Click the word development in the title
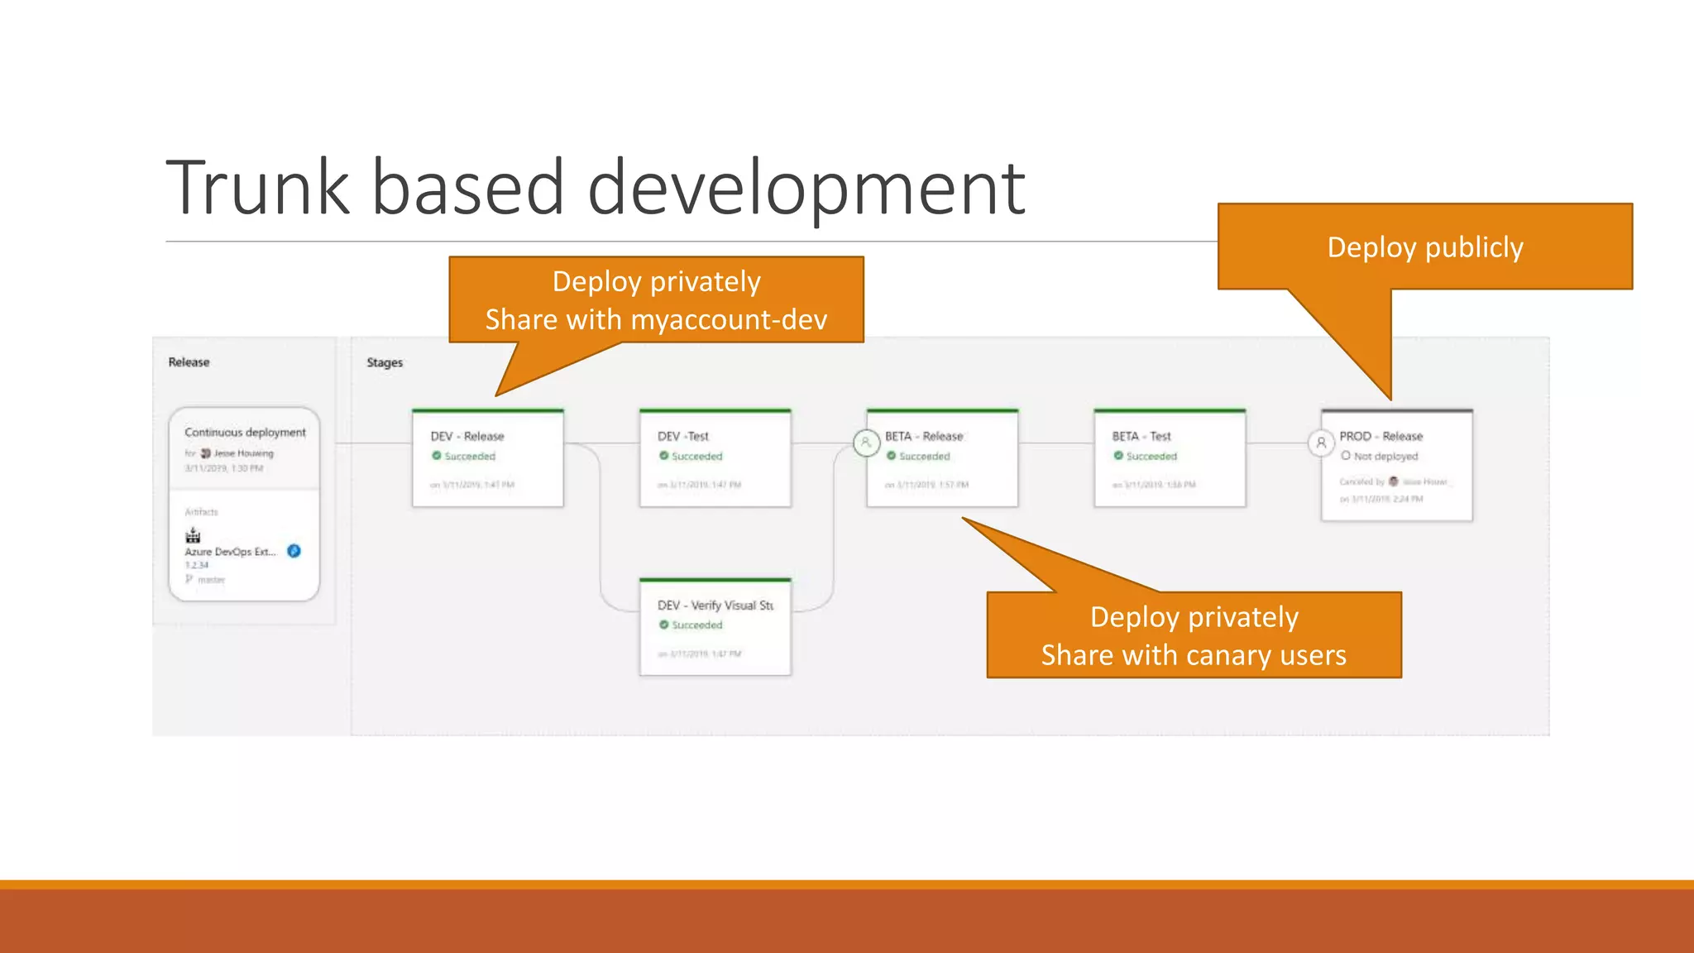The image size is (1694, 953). tap(806, 189)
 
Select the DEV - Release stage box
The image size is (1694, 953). tap(488, 459)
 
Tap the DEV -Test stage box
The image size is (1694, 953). tap(715, 459)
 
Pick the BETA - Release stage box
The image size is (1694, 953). tap(942, 459)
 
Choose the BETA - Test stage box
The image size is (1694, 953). tap(1170, 459)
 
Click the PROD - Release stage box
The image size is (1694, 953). tap(1397, 466)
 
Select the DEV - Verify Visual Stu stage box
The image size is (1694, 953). tap(715, 628)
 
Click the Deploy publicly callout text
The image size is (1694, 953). tap(1425, 247)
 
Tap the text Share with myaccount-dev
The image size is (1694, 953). tap(656, 319)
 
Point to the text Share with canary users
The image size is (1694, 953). tap(1194, 655)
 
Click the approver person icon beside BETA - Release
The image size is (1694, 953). tap(866, 443)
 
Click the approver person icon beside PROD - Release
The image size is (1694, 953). tap(1321, 443)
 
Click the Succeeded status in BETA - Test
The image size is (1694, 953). tap(1151, 456)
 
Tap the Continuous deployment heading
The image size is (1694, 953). tap(245, 432)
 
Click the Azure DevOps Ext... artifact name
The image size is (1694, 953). tap(230, 552)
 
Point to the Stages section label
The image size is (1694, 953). tap(385, 362)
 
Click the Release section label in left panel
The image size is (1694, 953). tap(189, 362)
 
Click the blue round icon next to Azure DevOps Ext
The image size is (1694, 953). tap(294, 551)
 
